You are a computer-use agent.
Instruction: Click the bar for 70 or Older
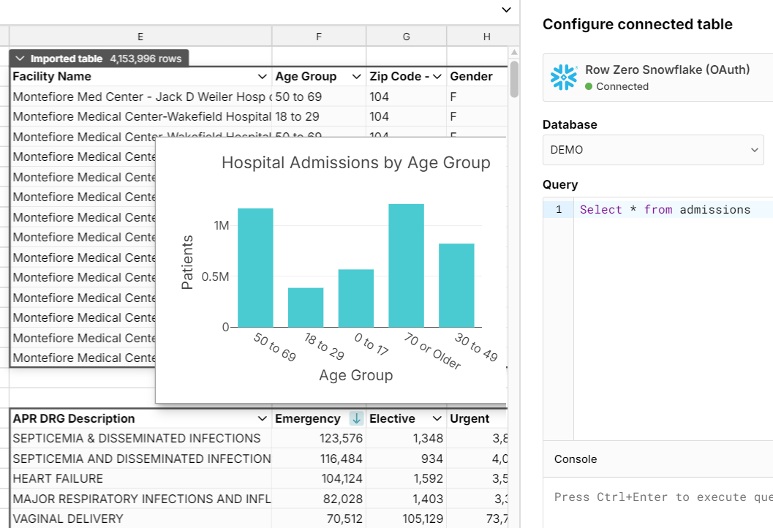pyautogui.click(x=406, y=265)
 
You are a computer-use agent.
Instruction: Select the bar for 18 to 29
pyautogui.click(x=306, y=307)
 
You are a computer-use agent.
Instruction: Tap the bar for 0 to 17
pyautogui.click(x=356, y=298)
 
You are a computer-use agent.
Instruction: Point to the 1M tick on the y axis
pyautogui.click(x=222, y=226)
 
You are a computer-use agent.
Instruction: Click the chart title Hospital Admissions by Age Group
pyautogui.click(x=355, y=162)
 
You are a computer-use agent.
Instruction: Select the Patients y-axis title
pyautogui.click(x=187, y=262)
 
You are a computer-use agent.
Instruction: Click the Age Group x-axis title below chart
pyautogui.click(x=355, y=375)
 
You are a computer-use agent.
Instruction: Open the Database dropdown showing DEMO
pyautogui.click(x=652, y=149)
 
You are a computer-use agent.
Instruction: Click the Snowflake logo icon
pyautogui.click(x=564, y=78)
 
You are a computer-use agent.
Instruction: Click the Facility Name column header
pyautogui.click(x=53, y=77)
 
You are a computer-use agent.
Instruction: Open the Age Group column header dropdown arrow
pyautogui.click(x=357, y=77)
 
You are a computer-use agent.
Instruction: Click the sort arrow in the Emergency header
pyautogui.click(x=356, y=419)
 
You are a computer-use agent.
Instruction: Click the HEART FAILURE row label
pyautogui.click(x=59, y=479)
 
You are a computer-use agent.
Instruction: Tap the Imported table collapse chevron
pyautogui.click(x=20, y=59)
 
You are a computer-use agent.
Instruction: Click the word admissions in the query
pyautogui.click(x=714, y=210)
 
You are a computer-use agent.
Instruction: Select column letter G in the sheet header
pyautogui.click(x=406, y=37)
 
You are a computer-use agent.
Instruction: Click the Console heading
pyautogui.click(x=576, y=459)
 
